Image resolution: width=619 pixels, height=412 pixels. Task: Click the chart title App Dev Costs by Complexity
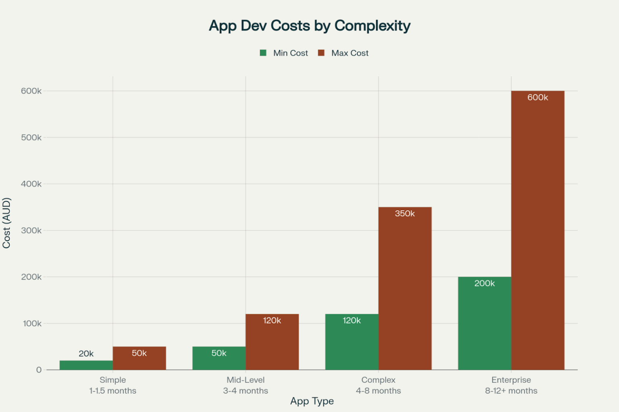pyautogui.click(x=309, y=26)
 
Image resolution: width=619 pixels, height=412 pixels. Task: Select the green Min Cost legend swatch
pyautogui.click(x=263, y=53)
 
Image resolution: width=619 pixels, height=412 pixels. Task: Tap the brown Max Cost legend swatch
pyautogui.click(x=321, y=53)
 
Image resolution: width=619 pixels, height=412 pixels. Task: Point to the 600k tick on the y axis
pyautogui.click(x=31, y=91)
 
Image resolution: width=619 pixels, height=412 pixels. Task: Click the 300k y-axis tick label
pyautogui.click(x=31, y=230)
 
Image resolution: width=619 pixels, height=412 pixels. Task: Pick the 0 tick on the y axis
pyautogui.click(x=39, y=370)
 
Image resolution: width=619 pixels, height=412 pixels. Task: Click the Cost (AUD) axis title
pyautogui.click(x=6, y=223)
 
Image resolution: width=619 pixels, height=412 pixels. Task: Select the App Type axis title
pyautogui.click(x=312, y=401)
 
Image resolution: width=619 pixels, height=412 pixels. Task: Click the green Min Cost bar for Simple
pyautogui.click(x=86, y=365)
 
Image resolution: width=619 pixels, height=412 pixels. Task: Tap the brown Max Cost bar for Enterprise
pyautogui.click(x=538, y=230)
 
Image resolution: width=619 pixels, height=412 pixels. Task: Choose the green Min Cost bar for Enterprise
pyautogui.click(x=485, y=323)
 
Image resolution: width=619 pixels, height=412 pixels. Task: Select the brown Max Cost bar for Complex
pyautogui.click(x=405, y=288)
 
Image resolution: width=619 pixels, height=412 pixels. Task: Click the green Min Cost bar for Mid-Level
pyautogui.click(x=219, y=358)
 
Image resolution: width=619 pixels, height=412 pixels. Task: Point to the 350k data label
pyautogui.click(x=405, y=213)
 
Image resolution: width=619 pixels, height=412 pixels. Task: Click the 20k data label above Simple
pyautogui.click(x=86, y=354)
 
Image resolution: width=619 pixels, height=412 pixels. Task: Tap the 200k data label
pyautogui.click(x=485, y=283)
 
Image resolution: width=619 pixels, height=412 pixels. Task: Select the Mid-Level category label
pyautogui.click(x=246, y=380)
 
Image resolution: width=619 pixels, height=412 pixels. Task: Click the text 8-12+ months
pyautogui.click(x=511, y=391)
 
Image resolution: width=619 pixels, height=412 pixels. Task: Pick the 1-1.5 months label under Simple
pyautogui.click(x=113, y=391)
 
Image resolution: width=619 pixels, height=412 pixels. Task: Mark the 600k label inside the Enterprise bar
pyautogui.click(x=538, y=97)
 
